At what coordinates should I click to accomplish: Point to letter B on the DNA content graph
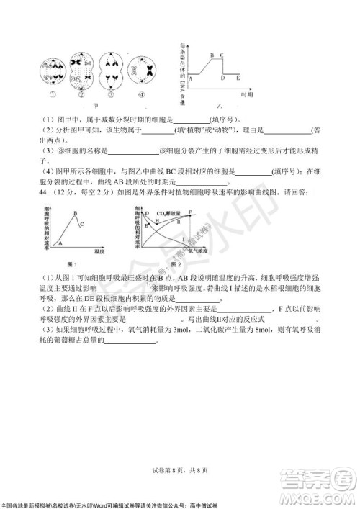(x=212, y=55)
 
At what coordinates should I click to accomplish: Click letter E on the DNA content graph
(x=237, y=77)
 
